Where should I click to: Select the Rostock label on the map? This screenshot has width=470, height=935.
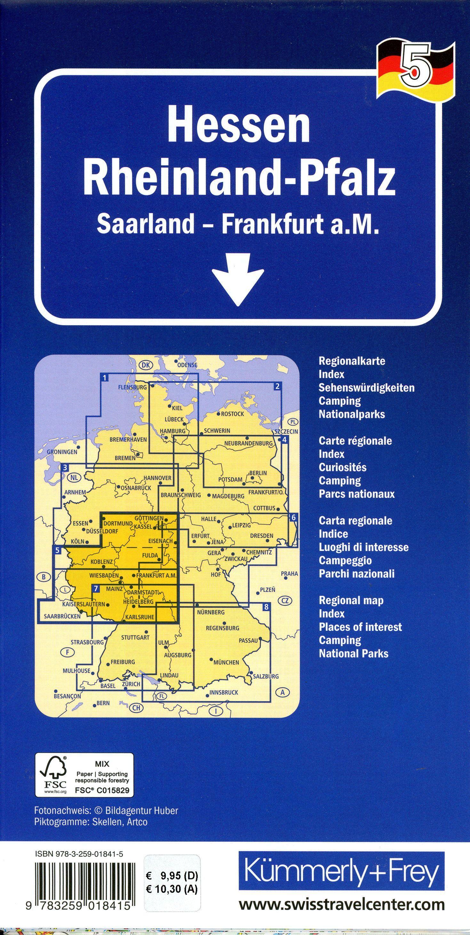click(x=233, y=414)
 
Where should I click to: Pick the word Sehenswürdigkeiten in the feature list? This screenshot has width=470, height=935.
click(x=366, y=388)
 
